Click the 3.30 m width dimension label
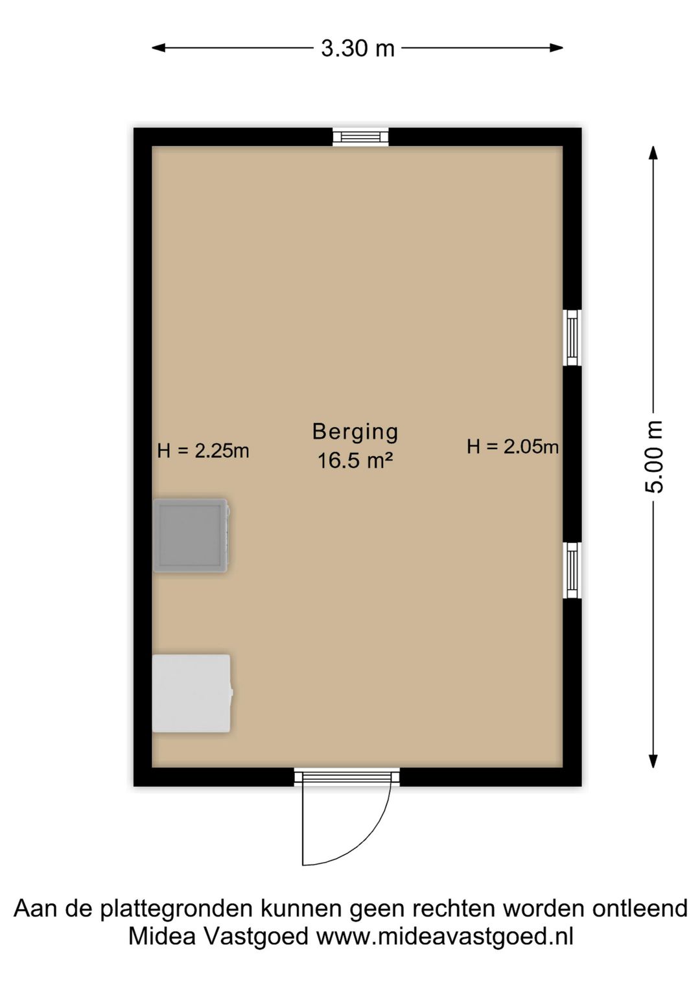click(x=357, y=48)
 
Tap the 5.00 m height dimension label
click(x=653, y=456)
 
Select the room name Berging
click(x=355, y=432)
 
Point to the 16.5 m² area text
click(x=355, y=461)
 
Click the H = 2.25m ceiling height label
click(x=203, y=451)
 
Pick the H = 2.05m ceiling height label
click(x=513, y=447)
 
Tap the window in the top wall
click(x=360, y=137)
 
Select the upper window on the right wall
click(x=572, y=337)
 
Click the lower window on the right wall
click(x=572, y=570)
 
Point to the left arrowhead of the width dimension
click(x=159, y=48)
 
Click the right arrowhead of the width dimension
click(x=557, y=48)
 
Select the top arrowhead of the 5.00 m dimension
click(x=653, y=153)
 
